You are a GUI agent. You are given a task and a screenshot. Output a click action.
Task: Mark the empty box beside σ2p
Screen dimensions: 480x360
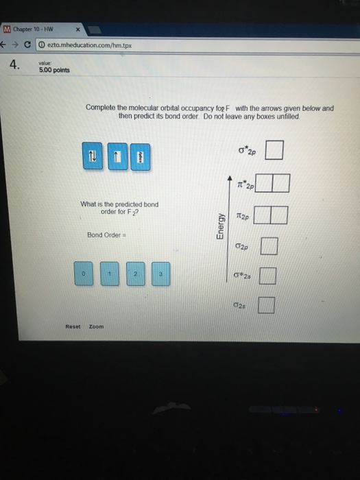269,245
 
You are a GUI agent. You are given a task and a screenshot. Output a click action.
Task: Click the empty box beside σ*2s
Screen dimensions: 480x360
268,276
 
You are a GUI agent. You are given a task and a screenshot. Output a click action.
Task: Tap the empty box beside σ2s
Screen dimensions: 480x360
267,304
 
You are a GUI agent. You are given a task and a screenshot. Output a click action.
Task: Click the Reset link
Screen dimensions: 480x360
73,326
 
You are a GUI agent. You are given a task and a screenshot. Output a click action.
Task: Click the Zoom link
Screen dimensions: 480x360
96,326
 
